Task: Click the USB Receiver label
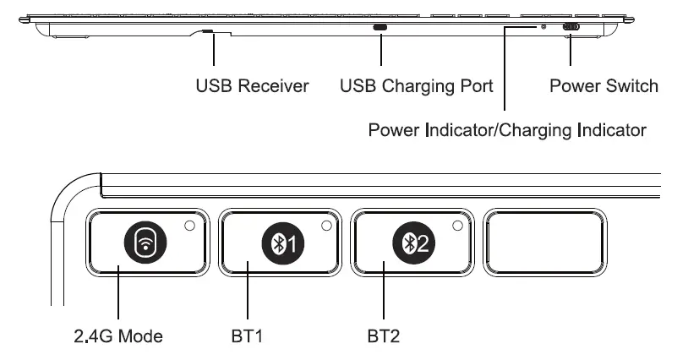click(x=253, y=86)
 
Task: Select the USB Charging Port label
click(x=416, y=86)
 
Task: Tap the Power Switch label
click(x=603, y=86)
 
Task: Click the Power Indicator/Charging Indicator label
click(x=507, y=131)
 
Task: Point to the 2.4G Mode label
click(x=117, y=336)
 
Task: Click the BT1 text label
click(x=248, y=336)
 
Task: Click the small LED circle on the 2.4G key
click(x=190, y=226)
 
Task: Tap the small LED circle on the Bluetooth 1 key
click(x=325, y=226)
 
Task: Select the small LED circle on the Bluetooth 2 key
click(x=458, y=226)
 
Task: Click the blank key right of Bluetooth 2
click(x=544, y=244)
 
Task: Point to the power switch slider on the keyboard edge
click(x=571, y=27)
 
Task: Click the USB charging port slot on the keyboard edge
click(x=380, y=27)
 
